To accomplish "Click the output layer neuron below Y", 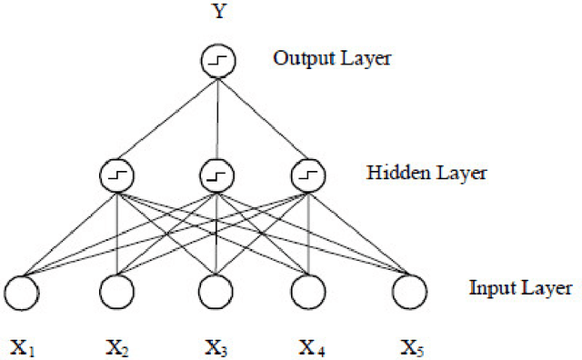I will click(217, 62).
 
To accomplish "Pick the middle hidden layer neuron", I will click(217, 174).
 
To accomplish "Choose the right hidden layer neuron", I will click(309, 174).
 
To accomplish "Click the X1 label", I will click(23, 346).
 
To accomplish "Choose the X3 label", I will click(216, 346).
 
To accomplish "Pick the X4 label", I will click(310, 346).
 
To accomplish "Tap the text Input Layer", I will click(520, 289).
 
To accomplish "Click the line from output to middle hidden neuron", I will click(217, 118).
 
